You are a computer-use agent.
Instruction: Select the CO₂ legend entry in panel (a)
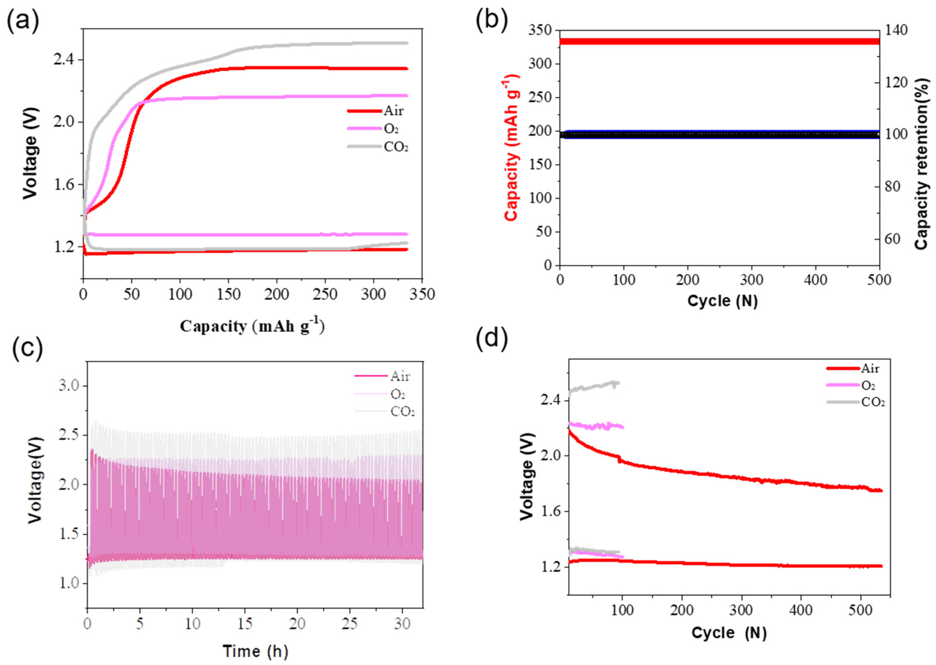pyautogui.click(x=396, y=147)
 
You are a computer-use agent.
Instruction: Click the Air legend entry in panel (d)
pyautogui.click(x=870, y=368)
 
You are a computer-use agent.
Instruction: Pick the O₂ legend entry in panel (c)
pyautogui.click(x=398, y=394)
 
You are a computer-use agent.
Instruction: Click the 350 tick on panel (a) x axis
pyautogui.click(x=422, y=294)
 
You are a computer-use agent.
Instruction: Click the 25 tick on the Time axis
pyautogui.click(x=350, y=623)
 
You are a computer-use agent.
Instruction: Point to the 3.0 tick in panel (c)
pyautogui.click(x=71, y=386)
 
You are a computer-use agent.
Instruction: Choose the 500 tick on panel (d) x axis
pyautogui.click(x=860, y=610)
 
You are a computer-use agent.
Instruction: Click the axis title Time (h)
pyautogui.click(x=255, y=651)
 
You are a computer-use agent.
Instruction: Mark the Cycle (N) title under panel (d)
pyautogui.click(x=729, y=633)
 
